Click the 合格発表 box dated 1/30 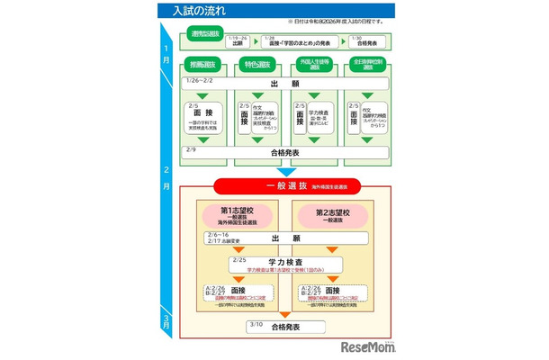[369, 40]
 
